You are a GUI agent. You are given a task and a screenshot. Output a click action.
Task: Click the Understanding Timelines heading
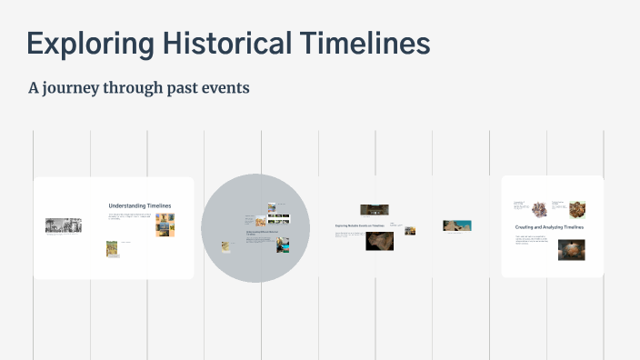coord(139,205)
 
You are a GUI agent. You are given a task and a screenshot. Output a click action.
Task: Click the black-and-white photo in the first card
coord(64,225)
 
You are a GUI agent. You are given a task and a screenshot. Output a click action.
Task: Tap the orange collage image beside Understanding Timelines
coord(165,225)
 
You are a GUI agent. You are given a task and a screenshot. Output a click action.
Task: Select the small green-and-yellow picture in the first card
coord(112,248)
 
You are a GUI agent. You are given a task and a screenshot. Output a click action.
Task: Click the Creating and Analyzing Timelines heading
coord(549,226)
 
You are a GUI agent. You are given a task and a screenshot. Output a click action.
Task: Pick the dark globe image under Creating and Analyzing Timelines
coord(571,250)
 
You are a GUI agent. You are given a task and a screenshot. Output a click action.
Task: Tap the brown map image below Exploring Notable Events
coord(379,241)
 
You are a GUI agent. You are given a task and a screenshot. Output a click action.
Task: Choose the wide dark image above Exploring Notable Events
coord(374,210)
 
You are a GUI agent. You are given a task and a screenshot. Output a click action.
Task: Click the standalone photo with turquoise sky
coord(456,225)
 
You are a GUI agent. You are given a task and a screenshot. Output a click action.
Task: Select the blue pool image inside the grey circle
coord(283,245)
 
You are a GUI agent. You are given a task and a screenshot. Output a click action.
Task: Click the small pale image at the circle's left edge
coord(225,245)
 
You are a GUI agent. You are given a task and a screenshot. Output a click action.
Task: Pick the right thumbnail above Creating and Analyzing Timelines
coord(576,208)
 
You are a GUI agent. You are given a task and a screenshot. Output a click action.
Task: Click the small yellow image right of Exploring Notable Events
coord(410,231)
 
